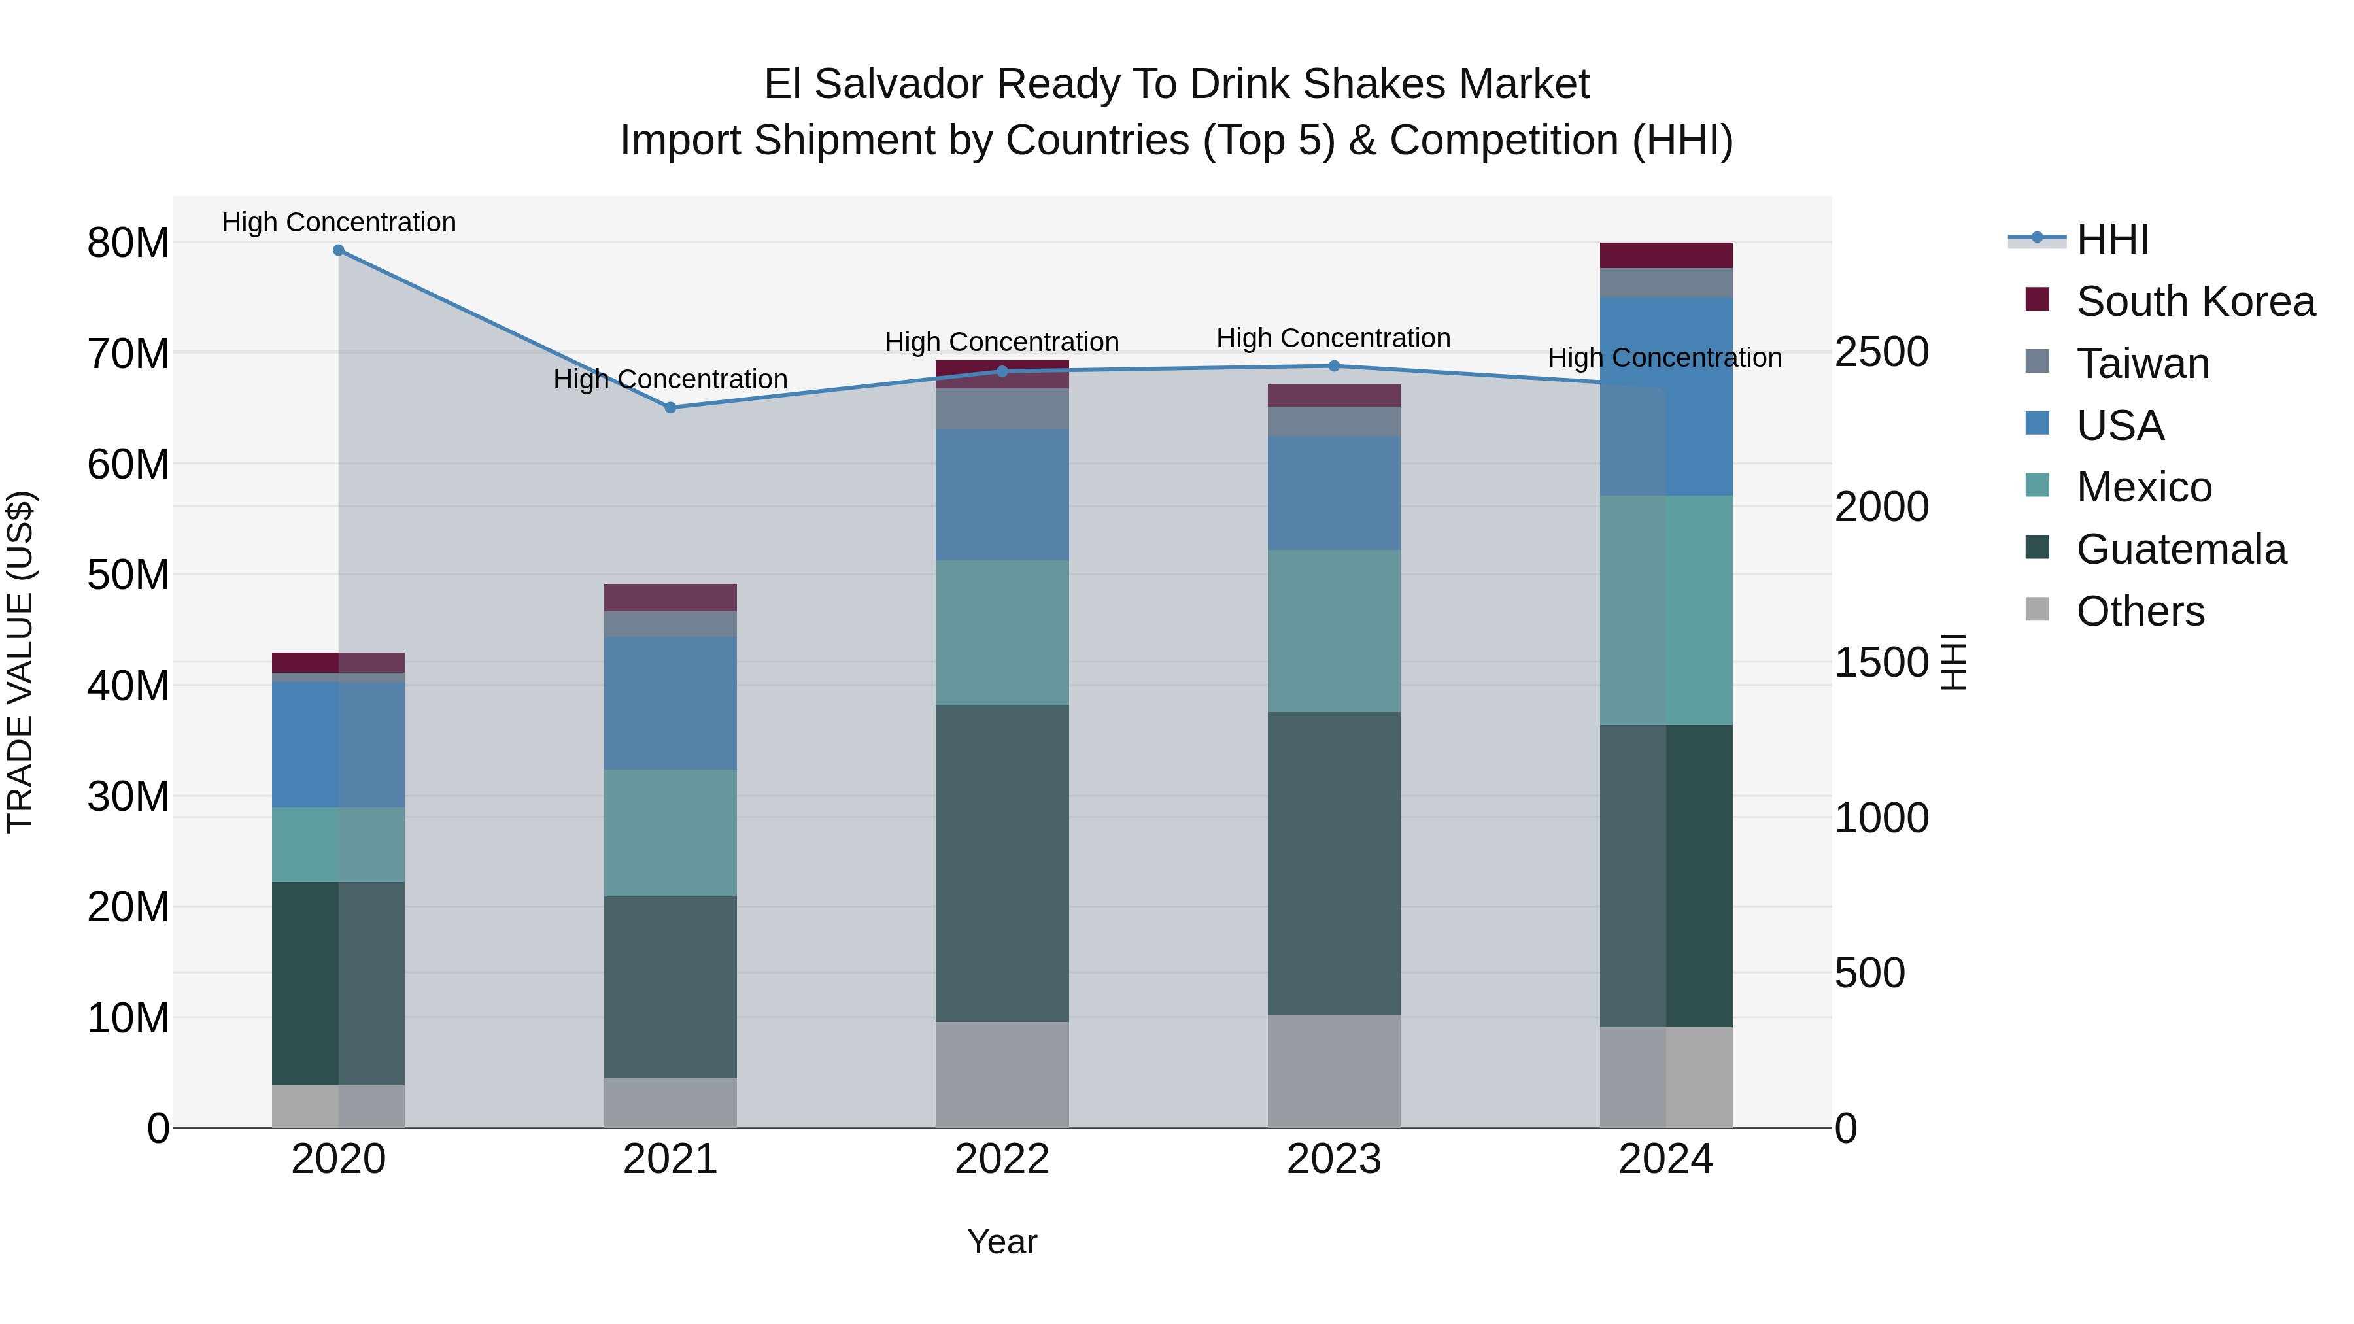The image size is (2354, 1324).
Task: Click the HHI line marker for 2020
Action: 338,250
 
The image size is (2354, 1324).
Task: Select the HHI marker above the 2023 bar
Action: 1333,366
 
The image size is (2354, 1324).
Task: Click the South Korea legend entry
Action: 2195,301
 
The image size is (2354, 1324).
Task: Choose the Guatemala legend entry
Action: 2180,549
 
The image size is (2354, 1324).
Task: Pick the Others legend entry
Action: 2140,611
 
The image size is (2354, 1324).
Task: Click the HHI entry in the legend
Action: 2112,239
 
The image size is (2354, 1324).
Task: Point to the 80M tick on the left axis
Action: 128,243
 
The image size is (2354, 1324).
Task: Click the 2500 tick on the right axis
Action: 1881,352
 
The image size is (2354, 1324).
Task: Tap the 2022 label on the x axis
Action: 1002,1159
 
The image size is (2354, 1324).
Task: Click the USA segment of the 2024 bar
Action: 1666,397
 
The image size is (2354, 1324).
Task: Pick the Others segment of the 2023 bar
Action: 1333,1071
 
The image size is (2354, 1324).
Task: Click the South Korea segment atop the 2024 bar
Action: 1666,255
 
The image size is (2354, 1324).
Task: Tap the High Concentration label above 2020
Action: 338,222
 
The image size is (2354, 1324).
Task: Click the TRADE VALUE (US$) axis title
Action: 20,662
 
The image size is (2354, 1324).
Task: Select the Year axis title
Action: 1002,1242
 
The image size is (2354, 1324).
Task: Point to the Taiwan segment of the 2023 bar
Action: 1333,421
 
